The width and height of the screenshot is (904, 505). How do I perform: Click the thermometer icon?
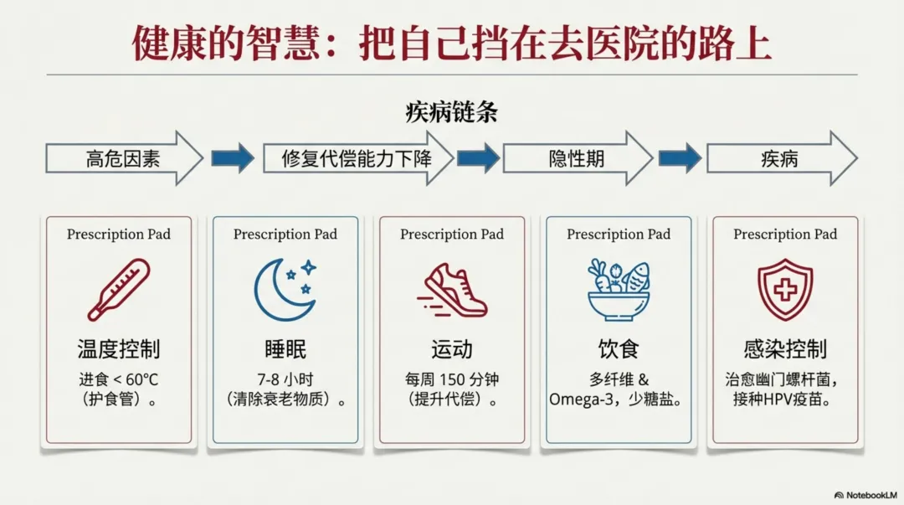click(119, 290)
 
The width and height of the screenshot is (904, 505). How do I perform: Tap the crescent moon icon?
click(285, 290)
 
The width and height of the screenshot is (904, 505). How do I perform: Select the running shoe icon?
click(452, 290)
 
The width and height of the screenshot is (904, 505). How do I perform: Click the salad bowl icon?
click(619, 290)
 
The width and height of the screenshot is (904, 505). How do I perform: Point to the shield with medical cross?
click(785, 290)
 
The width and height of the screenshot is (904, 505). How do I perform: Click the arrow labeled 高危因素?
click(124, 157)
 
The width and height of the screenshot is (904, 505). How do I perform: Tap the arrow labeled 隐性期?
click(577, 157)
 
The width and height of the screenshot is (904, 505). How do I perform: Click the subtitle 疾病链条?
click(451, 112)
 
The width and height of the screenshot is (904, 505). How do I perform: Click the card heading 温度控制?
click(119, 348)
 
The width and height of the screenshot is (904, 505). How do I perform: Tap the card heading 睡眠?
click(285, 348)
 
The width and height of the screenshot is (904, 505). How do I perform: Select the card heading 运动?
click(452, 348)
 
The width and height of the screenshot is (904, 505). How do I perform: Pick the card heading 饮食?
click(619, 348)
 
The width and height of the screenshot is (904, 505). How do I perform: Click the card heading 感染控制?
click(785, 348)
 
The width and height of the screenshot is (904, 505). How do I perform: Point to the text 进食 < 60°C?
click(119, 379)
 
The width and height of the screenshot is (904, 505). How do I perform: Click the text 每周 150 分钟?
click(452, 379)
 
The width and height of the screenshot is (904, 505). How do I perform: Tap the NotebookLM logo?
click(865, 495)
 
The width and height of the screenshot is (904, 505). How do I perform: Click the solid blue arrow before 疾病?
click(680, 157)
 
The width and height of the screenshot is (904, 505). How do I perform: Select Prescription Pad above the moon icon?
click(285, 234)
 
